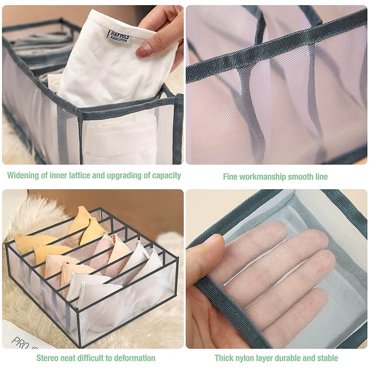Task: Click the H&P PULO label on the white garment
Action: click(x=119, y=37)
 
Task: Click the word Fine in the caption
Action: click(x=230, y=177)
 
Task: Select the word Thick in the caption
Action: click(x=224, y=358)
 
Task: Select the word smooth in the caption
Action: click(x=300, y=177)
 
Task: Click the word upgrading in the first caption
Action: click(x=125, y=175)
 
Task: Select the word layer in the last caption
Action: click(x=266, y=358)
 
